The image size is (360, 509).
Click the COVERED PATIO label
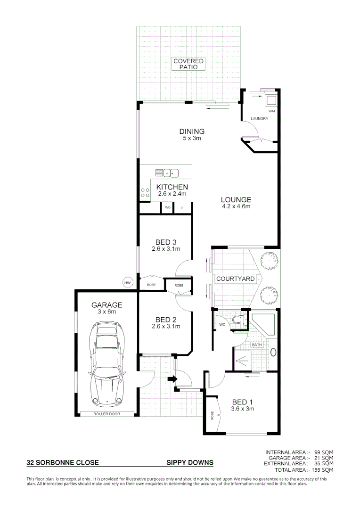click(x=188, y=64)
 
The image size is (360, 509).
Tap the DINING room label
click(x=192, y=131)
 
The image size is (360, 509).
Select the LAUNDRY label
click(x=259, y=119)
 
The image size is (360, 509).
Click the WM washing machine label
click(x=271, y=111)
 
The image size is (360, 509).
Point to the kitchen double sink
click(x=171, y=172)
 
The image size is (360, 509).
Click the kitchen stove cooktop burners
click(x=144, y=193)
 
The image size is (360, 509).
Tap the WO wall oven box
click(x=167, y=207)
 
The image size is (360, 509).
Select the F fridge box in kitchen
click(x=182, y=207)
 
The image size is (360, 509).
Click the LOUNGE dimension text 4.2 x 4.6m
click(x=236, y=206)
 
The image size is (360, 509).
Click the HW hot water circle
click(x=127, y=283)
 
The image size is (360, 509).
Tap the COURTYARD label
click(x=235, y=279)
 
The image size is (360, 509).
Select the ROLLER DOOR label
click(x=106, y=414)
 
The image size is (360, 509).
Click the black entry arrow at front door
click(x=172, y=378)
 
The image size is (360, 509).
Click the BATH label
click(x=257, y=345)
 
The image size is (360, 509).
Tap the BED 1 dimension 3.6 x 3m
click(x=243, y=409)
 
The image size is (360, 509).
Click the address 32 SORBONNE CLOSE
click(x=63, y=463)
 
